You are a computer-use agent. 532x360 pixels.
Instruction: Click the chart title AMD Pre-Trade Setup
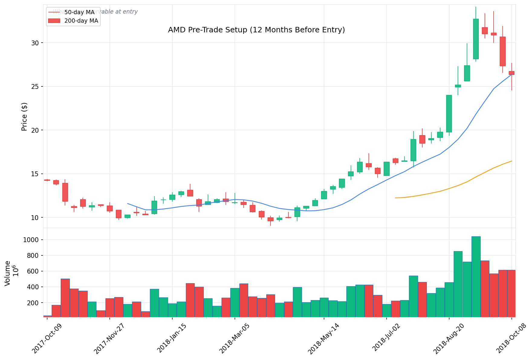pyautogui.click(x=256, y=30)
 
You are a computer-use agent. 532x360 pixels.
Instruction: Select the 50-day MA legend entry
pyautogui.click(x=79, y=12)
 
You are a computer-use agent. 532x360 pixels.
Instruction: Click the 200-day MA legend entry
pyautogui.click(x=81, y=21)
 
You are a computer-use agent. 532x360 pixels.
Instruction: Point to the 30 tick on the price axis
pyautogui.click(x=36, y=43)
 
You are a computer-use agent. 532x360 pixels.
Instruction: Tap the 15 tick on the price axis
pyautogui.click(x=36, y=174)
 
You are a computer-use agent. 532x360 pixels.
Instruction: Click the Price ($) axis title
pyautogui.click(x=24, y=117)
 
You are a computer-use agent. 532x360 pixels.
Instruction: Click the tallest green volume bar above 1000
pyautogui.click(x=476, y=277)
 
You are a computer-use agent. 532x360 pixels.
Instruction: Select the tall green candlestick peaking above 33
pyautogui.click(x=476, y=39)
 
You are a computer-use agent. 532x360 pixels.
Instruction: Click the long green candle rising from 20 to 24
pyautogui.click(x=449, y=114)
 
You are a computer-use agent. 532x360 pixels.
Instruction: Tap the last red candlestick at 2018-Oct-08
pyautogui.click(x=511, y=73)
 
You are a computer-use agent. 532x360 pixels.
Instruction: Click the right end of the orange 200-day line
pyautogui.click(x=511, y=161)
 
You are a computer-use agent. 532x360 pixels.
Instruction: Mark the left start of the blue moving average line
pyautogui.click(x=128, y=203)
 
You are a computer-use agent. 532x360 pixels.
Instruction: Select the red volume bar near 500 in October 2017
pyautogui.click(x=65, y=298)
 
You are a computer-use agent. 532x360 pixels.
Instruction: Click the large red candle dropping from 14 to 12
pyautogui.click(x=65, y=192)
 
